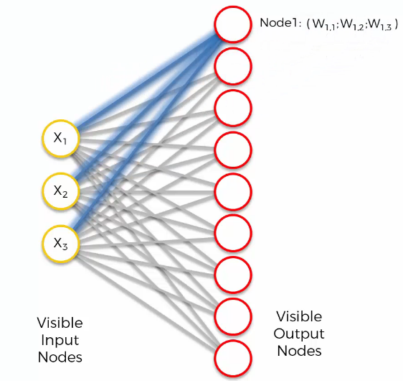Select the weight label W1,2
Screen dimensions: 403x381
tap(352, 24)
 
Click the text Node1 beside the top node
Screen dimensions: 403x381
tap(279, 23)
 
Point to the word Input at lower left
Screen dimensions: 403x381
tap(60, 340)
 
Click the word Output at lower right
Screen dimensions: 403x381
tap(299, 334)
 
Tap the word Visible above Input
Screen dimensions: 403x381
tap(60, 323)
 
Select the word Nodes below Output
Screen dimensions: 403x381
tap(300, 351)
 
